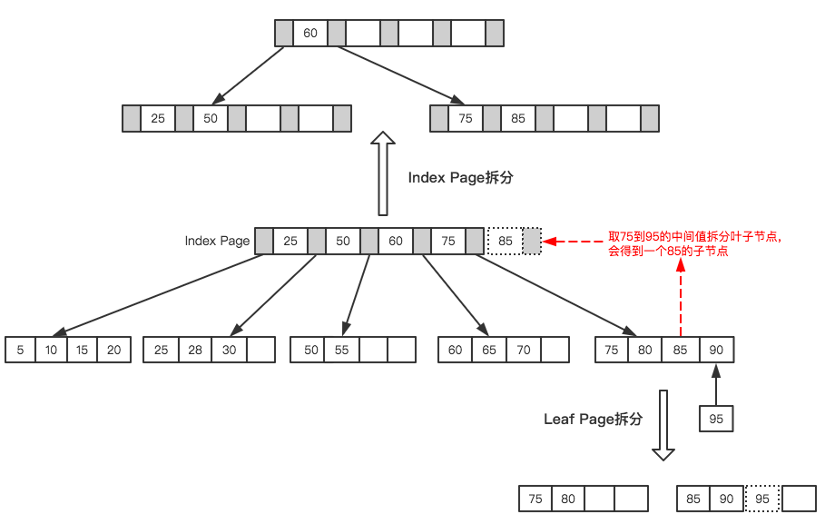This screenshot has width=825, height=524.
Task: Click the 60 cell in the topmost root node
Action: (310, 34)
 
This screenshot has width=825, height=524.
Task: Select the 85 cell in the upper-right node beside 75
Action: (517, 119)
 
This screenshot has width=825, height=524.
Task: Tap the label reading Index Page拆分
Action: (460, 178)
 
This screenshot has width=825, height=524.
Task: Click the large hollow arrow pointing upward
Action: (384, 173)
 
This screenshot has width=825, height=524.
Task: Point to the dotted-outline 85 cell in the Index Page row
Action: (506, 242)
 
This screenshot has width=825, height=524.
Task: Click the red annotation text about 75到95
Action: (694, 244)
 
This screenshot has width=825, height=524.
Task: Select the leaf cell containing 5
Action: (20, 351)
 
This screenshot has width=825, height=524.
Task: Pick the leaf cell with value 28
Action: (194, 351)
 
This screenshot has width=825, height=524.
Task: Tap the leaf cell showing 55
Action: (342, 351)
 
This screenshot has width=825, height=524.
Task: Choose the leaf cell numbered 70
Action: (523, 351)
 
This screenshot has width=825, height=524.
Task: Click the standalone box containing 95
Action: (716, 419)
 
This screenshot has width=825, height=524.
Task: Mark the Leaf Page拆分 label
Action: (593, 420)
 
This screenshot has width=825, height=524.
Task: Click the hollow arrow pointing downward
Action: (663, 425)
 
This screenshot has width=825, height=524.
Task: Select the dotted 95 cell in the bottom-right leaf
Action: (762, 499)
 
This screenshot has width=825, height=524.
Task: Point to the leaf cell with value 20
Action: (113, 351)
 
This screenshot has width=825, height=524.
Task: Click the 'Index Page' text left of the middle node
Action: (217, 242)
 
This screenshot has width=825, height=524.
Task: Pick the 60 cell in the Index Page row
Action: (396, 242)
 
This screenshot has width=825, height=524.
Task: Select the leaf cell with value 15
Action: (83, 351)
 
